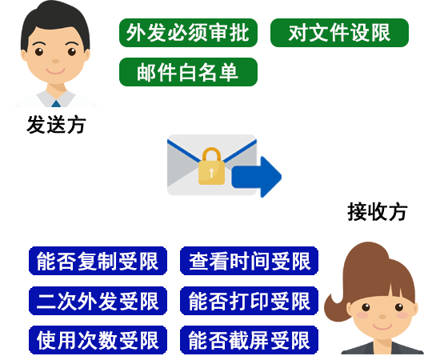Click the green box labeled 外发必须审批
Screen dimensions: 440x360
pyautogui.click(x=188, y=33)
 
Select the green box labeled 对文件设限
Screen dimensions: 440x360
pyautogui.click(x=339, y=33)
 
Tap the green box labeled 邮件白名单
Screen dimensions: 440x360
pyautogui.click(x=188, y=72)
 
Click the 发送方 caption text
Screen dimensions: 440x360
pyautogui.click(x=56, y=125)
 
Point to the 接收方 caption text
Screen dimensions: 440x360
pyautogui.click(x=377, y=212)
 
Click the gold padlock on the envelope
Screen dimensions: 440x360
pyautogui.click(x=211, y=166)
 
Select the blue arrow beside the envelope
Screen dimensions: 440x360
pyautogui.click(x=257, y=177)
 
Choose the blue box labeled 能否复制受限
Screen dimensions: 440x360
pyautogui.click(x=98, y=261)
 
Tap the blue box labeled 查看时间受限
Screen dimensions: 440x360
pyautogui.click(x=249, y=261)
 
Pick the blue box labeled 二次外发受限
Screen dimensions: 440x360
pyautogui.click(x=98, y=301)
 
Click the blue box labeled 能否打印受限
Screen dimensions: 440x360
pyautogui.click(x=249, y=301)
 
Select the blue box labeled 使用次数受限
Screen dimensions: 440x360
pyautogui.click(x=98, y=340)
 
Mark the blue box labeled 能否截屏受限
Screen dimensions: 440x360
pyautogui.click(x=249, y=340)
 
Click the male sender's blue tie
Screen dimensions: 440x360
pyautogui.click(x=56, y=103)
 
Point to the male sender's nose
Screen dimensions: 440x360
pyautogui.click(x=55, y=61)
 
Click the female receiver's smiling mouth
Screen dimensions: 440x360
pyautogui.click(x=382, y=327)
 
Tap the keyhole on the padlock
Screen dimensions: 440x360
pyautogui.click(x=211, y=172)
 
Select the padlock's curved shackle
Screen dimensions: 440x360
pyautogui.click(x=211, y=149)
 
